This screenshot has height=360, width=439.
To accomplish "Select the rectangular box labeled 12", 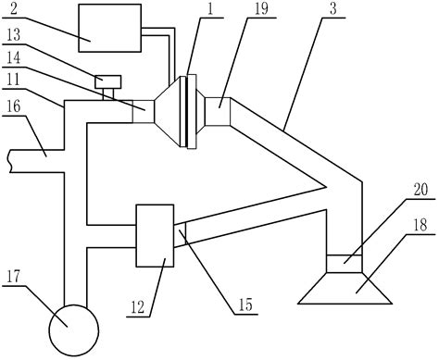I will (155, 234).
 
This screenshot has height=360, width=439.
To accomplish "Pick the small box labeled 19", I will (219, 113).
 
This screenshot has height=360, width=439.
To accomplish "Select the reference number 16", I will (12, 108).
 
